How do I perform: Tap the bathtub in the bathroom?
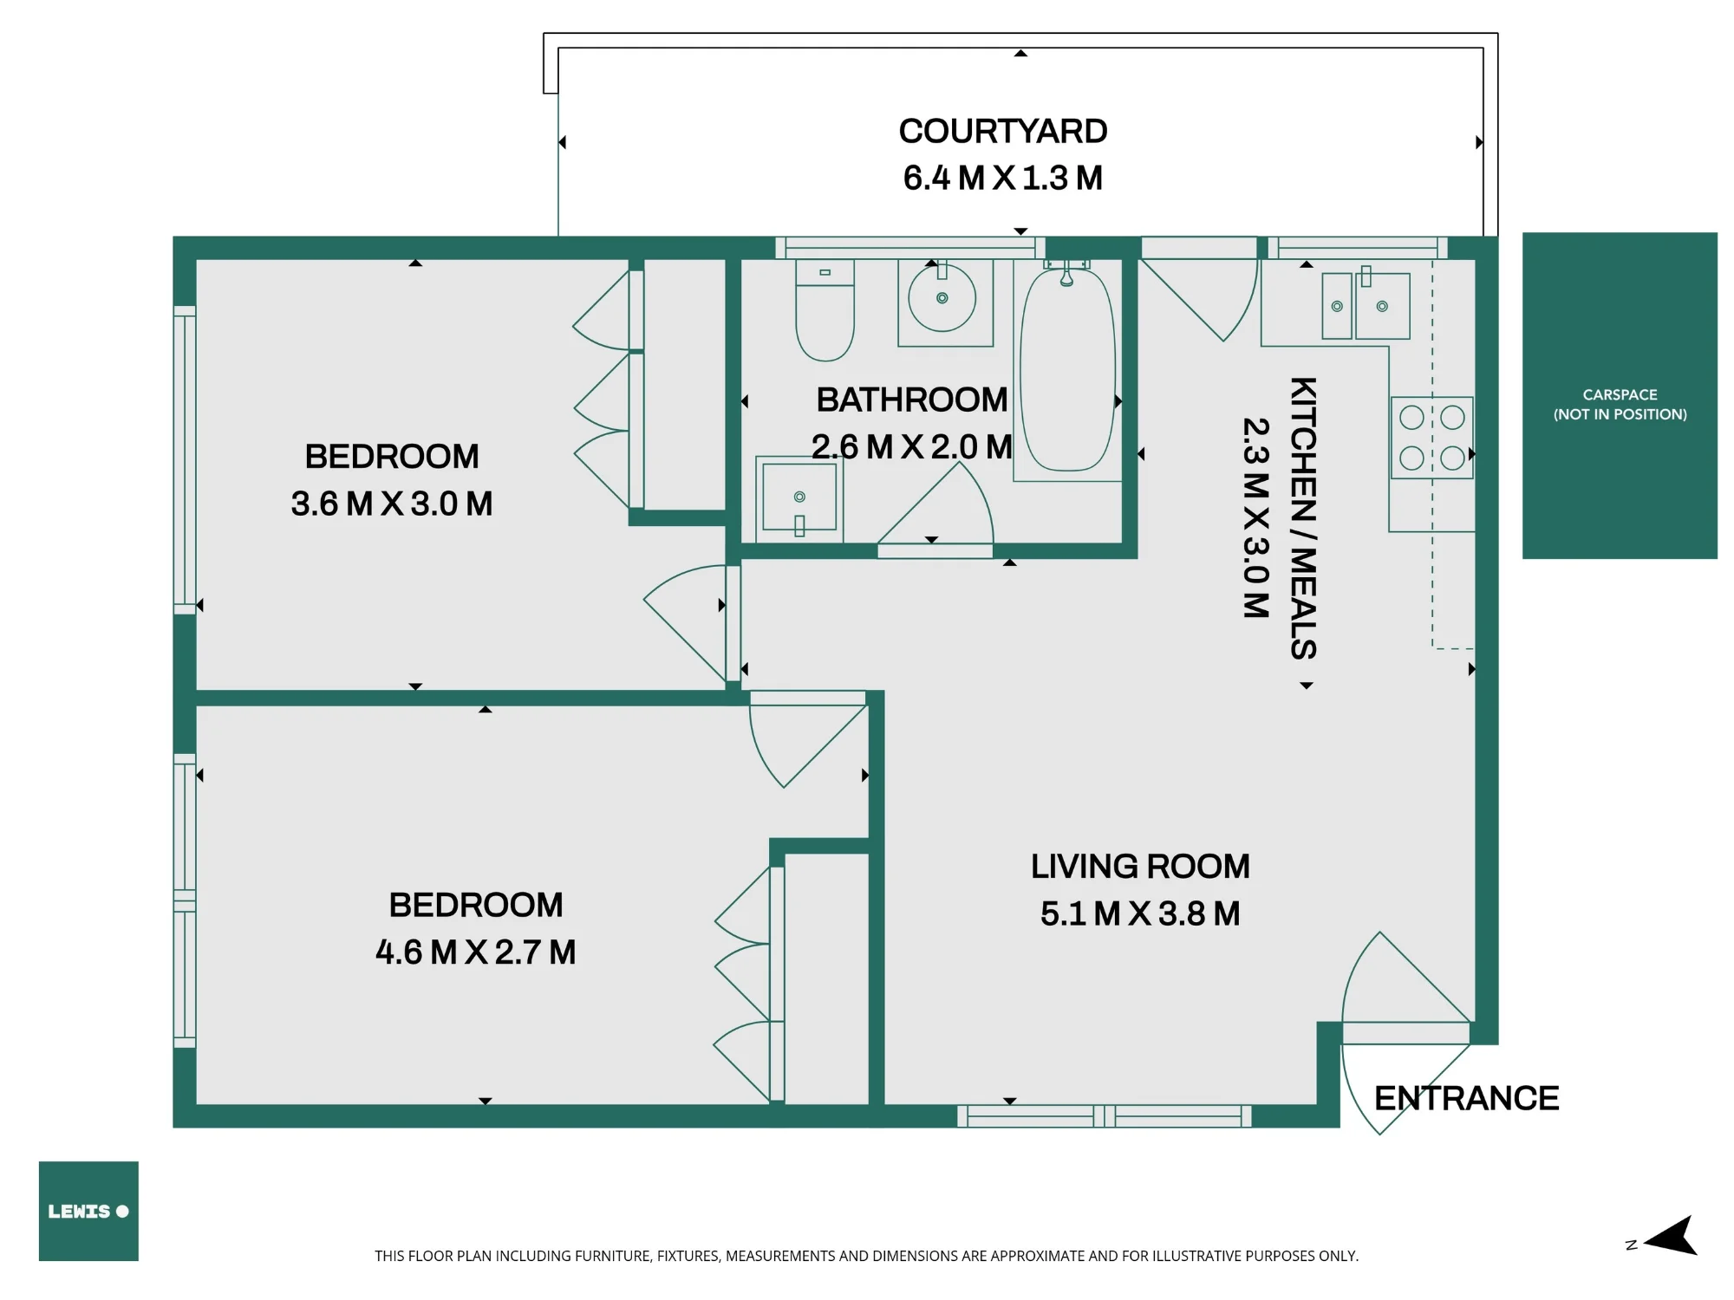coord(1067,370)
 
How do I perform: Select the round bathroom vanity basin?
coord(942,298)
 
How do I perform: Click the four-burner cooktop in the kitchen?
coord(1432,438)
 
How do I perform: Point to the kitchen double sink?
coord(1366,306)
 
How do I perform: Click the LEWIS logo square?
coord(88,1211)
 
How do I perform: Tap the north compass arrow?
coord(1670,1237)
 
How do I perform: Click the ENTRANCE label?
coord(1466,1098)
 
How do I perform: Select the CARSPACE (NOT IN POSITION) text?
coord(1620,405)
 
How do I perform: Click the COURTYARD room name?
coord(1003,132)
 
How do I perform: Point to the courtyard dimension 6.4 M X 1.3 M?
coord(1003,179)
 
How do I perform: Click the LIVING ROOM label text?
coord(1140,867)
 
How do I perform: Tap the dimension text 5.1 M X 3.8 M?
coord(1140,913)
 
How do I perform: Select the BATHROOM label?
coord(912,400)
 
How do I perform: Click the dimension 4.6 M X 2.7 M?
coord(476,952)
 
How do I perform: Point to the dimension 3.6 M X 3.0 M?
coord(392,504)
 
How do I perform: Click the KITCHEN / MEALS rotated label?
coord(1303,518)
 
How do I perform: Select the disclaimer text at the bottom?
coord(866,1256)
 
